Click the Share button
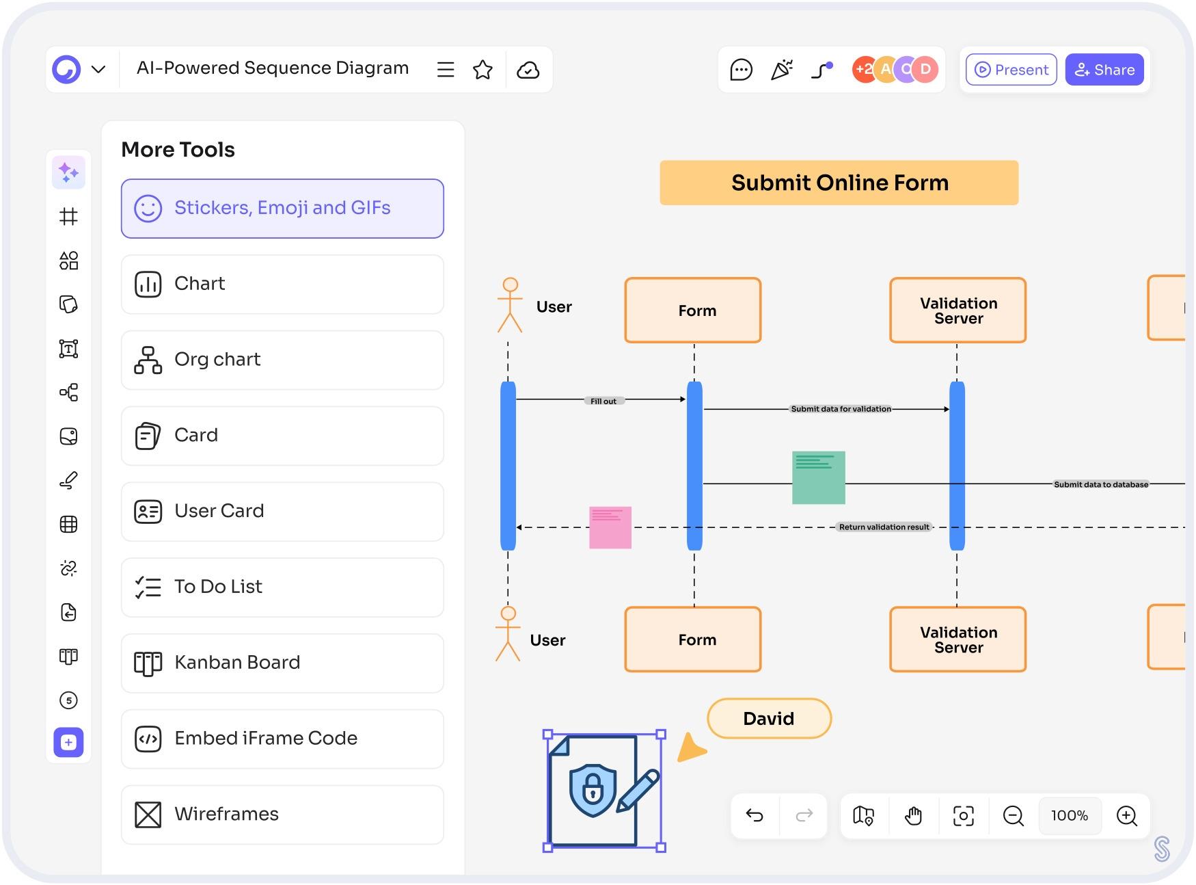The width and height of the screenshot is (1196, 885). (1104, 70)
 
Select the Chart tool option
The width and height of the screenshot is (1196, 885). (282, 284)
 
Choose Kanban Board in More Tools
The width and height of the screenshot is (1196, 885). (282, 663)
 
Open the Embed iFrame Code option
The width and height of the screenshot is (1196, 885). (282, 739)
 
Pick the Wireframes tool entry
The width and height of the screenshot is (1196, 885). (282, 815)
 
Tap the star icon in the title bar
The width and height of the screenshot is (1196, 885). (483, 70)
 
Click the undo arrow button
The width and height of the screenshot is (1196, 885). (755, 815)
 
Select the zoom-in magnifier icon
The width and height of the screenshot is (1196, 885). (1126, 815)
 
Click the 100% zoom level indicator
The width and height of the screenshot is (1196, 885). (1070, 815)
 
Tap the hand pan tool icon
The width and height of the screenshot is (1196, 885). (913, 815)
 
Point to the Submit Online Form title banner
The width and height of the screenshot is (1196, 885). (839, 183)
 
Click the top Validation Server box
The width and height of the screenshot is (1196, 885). (957, 311)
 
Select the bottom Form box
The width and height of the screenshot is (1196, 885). (693, 639)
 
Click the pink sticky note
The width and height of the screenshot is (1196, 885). (610, 527)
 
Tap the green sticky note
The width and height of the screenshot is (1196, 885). (818, 477)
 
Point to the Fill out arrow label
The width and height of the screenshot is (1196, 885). (603, 401)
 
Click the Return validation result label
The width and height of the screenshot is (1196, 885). (884, 527)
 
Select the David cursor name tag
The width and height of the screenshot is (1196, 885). (769, 718)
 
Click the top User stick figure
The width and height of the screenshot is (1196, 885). (510, 305)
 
